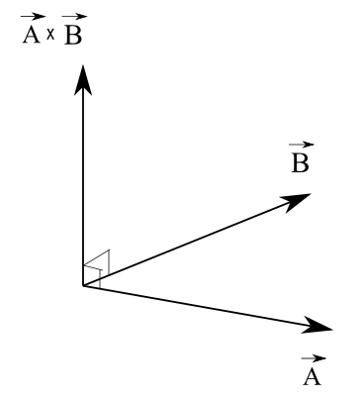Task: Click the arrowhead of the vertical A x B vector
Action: [x=83, y=78]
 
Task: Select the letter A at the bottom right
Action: [x=311, y=377]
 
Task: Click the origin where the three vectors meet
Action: [x=83, y=286]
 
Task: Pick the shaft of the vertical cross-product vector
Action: [x=83, y=178]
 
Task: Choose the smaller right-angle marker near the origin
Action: [x=92, y=278]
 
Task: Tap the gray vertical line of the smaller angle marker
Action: [x=100, y=278]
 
